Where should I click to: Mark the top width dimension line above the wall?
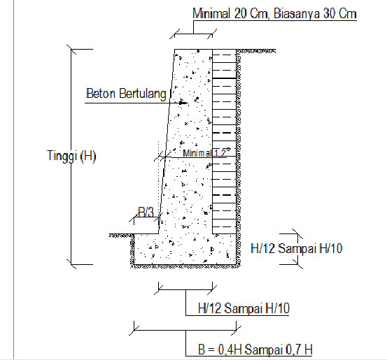point(193,32)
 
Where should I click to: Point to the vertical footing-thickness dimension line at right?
point(299,248)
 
